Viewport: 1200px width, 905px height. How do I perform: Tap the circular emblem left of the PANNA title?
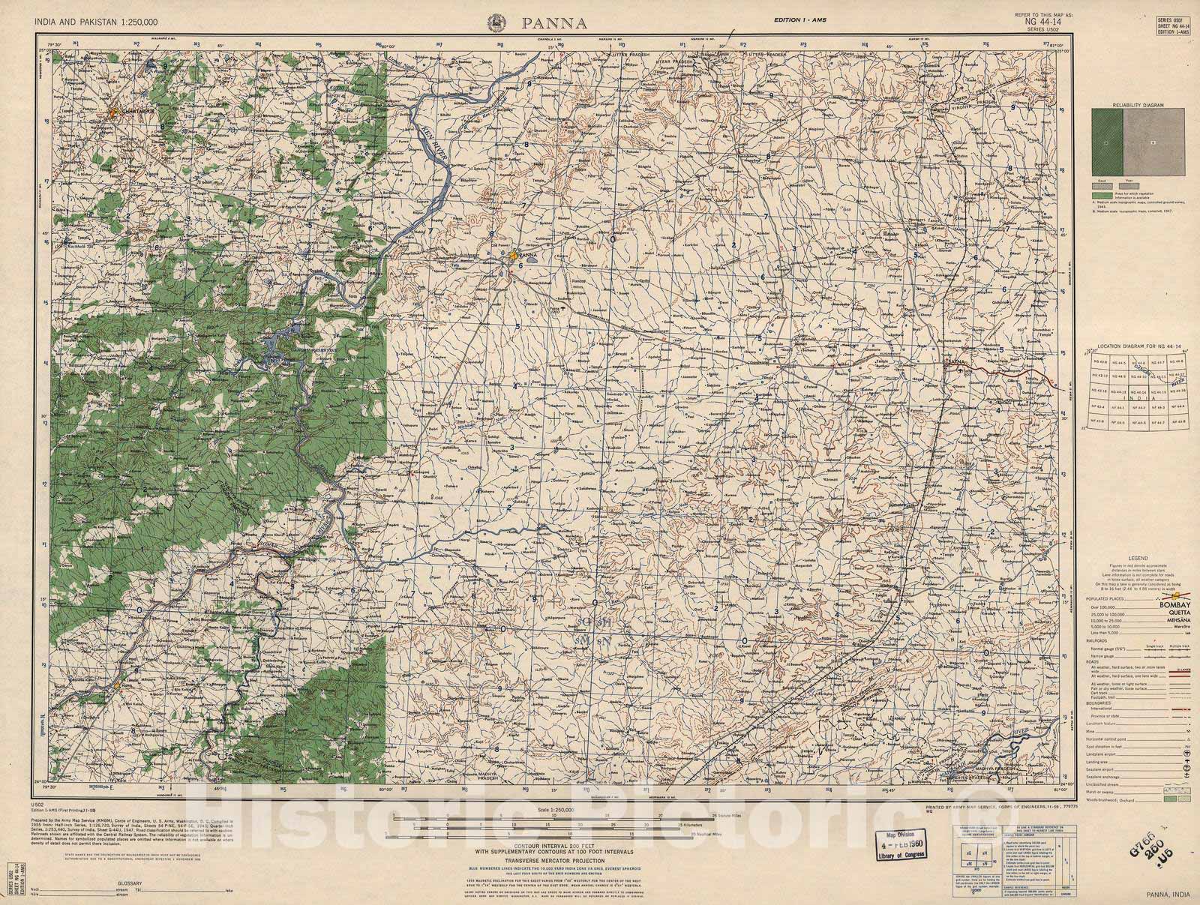click(497, 21)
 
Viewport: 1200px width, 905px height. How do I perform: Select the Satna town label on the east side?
click(955, 363)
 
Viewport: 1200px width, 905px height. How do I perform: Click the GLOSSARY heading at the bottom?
click(129, 883)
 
